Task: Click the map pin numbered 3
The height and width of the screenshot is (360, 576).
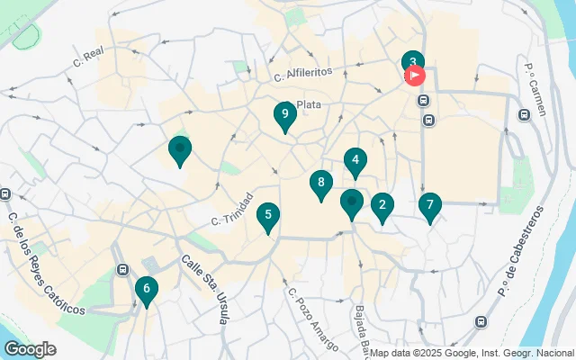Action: tap(412, 62)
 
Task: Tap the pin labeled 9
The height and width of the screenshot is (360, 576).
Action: tap(284, 114)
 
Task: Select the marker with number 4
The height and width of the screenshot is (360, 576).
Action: tap(355, 161)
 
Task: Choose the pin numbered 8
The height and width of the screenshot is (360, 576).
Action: tap(320, 184)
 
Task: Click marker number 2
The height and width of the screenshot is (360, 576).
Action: tap(382, 206)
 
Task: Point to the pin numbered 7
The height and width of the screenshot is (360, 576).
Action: tap(430, 206)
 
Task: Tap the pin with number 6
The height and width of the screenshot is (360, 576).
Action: tap(145, 289)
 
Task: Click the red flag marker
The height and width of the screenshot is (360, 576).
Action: tap(417, 76)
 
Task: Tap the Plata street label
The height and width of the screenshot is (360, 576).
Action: tap(309, 104)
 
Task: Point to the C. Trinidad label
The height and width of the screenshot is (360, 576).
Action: tap(233, 209)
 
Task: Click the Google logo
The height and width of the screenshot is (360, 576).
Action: tap(30, 349)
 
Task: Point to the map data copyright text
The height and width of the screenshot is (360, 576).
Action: tap(472, 353)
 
